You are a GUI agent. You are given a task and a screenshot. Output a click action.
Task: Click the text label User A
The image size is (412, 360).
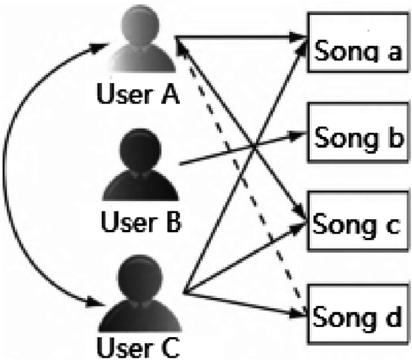(x=139, y=95)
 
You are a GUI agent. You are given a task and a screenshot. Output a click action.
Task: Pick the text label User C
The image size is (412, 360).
(x=140, y=347)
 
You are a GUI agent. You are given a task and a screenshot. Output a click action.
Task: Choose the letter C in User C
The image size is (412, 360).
(x=171, y=347)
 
